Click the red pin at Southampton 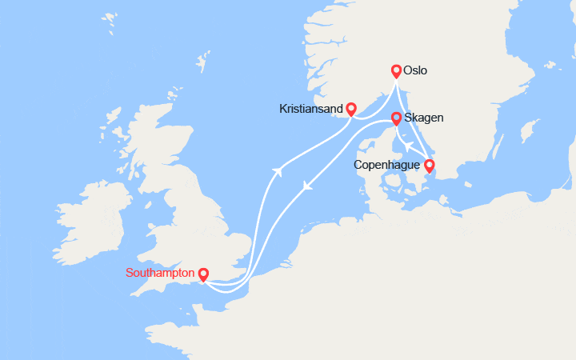203,274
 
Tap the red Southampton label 159,273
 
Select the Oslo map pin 396,70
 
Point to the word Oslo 416,70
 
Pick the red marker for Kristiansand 350,109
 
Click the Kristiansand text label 312,108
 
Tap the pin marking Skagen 395,118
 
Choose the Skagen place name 425,118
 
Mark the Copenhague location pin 429,166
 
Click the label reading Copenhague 387,166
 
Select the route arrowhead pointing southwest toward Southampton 306,187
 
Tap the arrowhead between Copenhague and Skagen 406,146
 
